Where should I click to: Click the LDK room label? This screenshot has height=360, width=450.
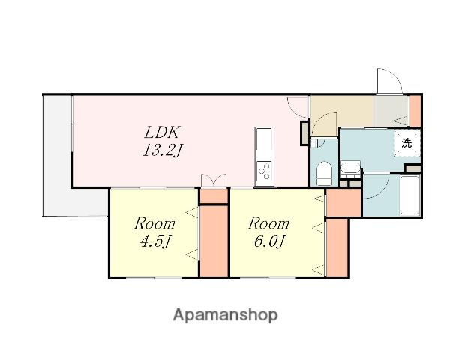pyautogui.click(x=162, y=132)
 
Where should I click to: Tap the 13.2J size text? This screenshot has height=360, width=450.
pyautogui.click(x=162, y=150)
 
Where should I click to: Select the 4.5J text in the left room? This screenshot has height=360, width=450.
pyautogui.click(x=155, y=241)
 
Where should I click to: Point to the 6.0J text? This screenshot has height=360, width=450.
pyautogui.click(x=269, y=241)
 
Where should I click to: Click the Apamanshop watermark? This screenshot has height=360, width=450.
pyautogui.click(x=225, y=315)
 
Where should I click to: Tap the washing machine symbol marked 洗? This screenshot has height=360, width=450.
pyautogui.click(x=406, y=143)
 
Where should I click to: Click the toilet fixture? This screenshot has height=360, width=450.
pyautogui.click(x=324, y=173)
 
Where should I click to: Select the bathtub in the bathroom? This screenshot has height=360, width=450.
pyautogui.click(x=409, y=195)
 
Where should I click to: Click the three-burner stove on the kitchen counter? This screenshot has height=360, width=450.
pyautogui.click(x=265, y=171)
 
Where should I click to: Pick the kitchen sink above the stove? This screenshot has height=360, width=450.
pyautogui.click(x=265, y=141)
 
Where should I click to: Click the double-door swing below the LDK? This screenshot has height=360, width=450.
pyautogui.click(x=214, y=180)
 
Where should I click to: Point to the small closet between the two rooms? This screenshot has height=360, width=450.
pyautogui.click(x=214, y=196)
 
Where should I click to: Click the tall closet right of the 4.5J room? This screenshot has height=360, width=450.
pyautogui.click(x=214, y=241)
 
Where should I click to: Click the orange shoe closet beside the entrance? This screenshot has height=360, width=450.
pyautogui.click(x=415, y=111)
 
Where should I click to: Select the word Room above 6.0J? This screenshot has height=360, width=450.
pyautogui.click(x=269, y=224)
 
